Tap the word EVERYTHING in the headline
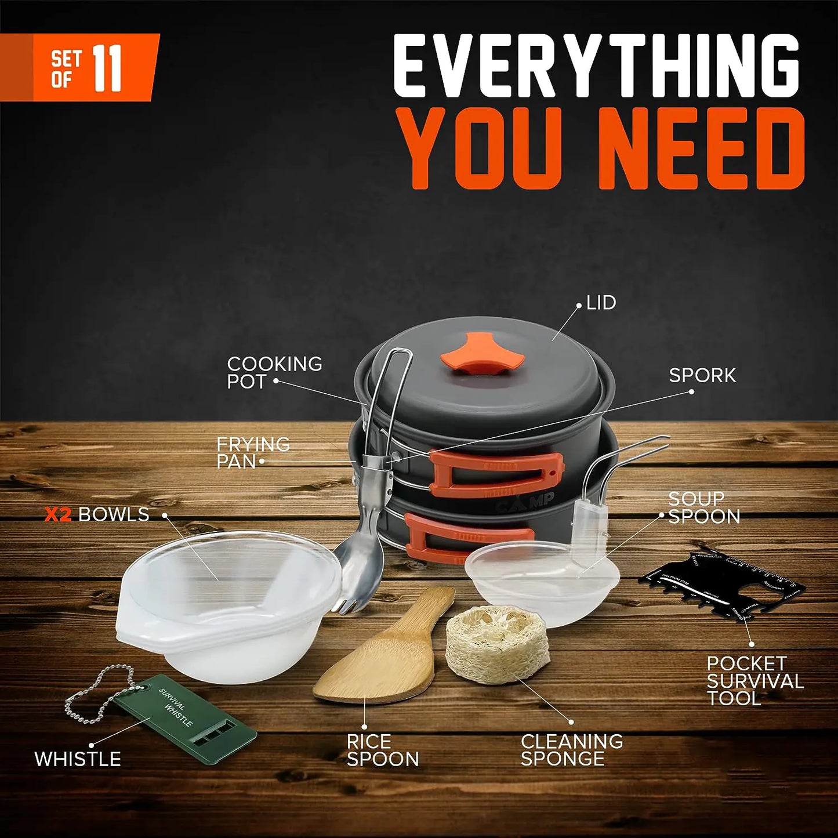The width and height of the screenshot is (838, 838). tap(596, 66)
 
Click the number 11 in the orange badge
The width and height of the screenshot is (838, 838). tap(107, 68)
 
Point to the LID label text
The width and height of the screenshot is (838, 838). tap(601, 303)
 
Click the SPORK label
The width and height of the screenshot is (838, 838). tap(702, 375)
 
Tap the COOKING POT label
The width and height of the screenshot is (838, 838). tap(274, 372)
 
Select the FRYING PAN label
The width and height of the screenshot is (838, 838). tap(253, 452)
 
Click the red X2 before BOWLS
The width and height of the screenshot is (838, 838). tap(57, 514)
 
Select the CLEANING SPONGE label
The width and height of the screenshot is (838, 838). tap(571, 749)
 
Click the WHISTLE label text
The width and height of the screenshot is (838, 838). tap(77, 759)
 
